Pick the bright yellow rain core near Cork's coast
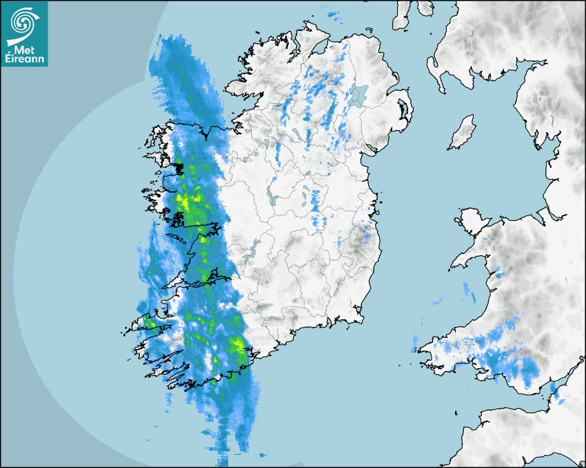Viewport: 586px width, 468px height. [x=240, y=344]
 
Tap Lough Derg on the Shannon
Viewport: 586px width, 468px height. [x=254, y=248]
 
